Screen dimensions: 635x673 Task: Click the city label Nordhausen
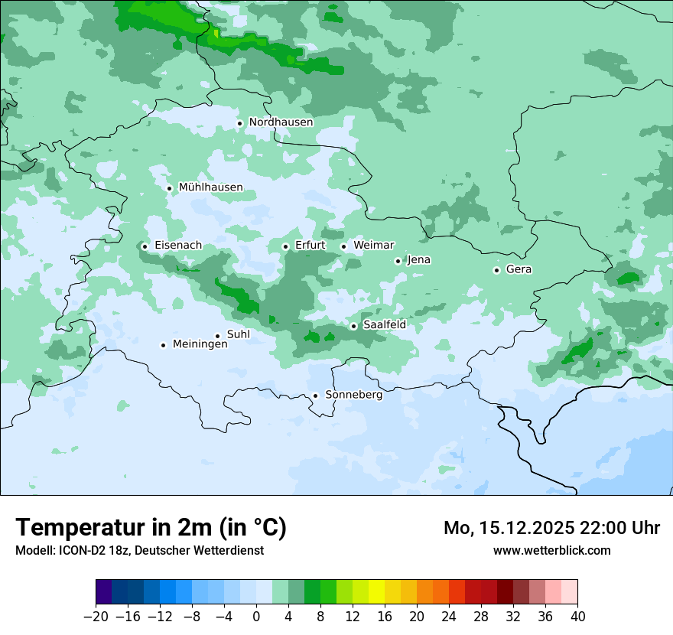pos(281,122)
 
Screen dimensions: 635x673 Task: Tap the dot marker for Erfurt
pos(285,246)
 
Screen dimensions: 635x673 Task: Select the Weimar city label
pos(373,246)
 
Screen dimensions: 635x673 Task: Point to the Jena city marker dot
pos(398,261)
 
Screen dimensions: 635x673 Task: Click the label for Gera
pos(519,269)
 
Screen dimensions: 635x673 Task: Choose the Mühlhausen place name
pos(210,187)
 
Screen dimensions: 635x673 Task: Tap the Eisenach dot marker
pos(145,246)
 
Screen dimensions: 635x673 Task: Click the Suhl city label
pos(239,334)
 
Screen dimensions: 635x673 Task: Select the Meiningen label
pos(200,344)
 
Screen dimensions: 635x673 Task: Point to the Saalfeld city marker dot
pos(353,326)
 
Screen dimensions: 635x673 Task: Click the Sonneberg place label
pos(353,395)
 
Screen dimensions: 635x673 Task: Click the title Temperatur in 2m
pos(151,528)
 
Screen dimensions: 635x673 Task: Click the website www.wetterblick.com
pos(551,550)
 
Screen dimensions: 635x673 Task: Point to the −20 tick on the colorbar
pos(96,617)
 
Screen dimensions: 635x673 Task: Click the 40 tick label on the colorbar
pos(577,617)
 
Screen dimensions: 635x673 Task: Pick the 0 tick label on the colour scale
pos(256,617)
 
